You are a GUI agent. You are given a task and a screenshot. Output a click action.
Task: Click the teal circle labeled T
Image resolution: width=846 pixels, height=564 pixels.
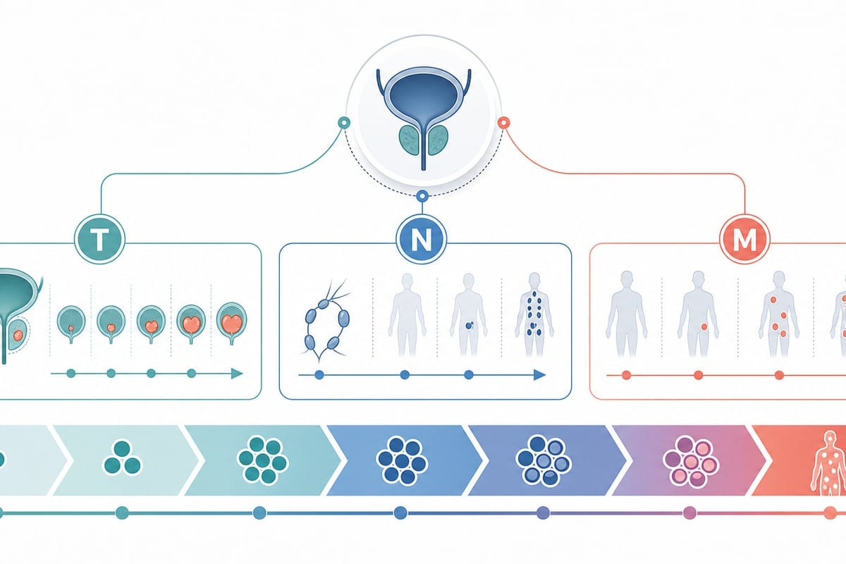(x=99, y=240)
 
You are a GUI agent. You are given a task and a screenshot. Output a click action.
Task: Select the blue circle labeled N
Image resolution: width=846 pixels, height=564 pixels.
(x=422, y=240)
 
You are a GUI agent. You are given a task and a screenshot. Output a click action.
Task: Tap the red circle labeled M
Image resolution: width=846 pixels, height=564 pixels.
(x=744, y=240)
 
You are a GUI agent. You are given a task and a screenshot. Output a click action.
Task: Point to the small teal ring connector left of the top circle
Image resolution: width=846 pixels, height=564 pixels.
(x=344, y=123)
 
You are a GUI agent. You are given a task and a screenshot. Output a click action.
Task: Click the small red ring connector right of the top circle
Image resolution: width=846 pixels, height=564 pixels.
(x=504, y=123)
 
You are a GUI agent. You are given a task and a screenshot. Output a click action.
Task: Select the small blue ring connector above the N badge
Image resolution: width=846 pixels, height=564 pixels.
(x=422, y=196)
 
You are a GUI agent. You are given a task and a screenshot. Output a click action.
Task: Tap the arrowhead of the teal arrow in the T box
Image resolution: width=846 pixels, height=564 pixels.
(x=237, y=374)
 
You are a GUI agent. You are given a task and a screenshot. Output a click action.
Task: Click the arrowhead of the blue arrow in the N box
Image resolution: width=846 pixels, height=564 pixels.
(x=540, y=375)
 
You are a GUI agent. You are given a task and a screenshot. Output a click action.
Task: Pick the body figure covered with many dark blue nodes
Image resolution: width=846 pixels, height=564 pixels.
(x=534, y=314)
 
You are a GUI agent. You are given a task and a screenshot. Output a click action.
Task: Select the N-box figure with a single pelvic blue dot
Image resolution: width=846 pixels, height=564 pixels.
(x=469, y=315)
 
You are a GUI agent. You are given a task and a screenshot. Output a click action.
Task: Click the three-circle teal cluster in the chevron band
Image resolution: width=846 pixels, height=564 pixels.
(x=122, y=457)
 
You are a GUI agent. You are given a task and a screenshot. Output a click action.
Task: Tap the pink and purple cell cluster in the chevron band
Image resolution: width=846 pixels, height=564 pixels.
(x=690, y=461)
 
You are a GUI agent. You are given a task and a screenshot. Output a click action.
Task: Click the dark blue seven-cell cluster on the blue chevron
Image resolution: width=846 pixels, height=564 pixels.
(x=402, y=460)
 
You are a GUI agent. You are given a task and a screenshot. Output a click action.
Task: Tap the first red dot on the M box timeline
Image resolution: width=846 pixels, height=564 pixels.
(x=626, y=375)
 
